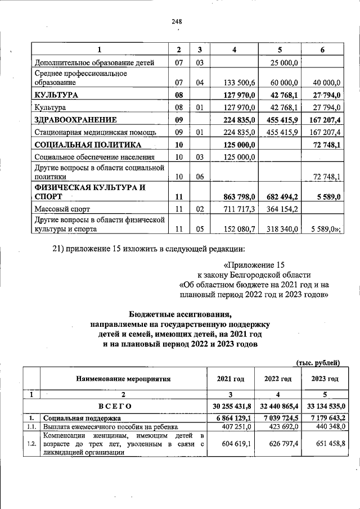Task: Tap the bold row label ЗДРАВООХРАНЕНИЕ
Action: click(75, 119)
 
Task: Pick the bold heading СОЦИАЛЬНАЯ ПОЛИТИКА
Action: click(80, 145)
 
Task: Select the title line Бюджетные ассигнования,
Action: click(180, 315)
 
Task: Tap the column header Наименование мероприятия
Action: click(123, 379)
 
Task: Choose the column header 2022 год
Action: click(278, 379)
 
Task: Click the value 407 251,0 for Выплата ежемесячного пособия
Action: click(231, 427)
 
